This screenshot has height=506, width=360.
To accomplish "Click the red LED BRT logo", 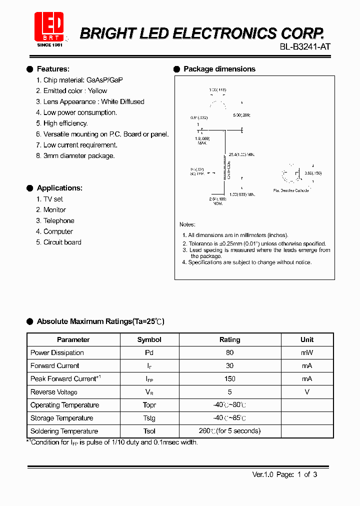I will pyautogui.click(x=48, y=28).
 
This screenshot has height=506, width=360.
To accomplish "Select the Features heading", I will pyautogui.click(x=53, y=69).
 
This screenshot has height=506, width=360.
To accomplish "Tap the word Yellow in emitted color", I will pyautogui.click(x=97, y=90).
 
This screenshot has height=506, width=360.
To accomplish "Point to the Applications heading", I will pyautogui.click(x=59, y=188).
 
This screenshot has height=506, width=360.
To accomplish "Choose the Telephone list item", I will pyautogui.click(x=58, y=220).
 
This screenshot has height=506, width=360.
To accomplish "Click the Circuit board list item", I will pyautogui.click(x=62, y=242).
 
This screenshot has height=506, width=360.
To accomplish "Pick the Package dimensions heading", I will pyautogui.click(x=219, y=69).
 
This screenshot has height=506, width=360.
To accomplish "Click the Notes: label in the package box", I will pyautogui.click(x=187, y=224).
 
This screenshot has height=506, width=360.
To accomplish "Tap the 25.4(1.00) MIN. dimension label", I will pyautogui.click(x=242, y=153).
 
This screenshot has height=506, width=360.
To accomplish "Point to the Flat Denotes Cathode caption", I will pyautogui.click(x=291, y=190).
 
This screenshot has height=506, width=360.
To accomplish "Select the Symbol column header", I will pyautogui.click(x=149, y=339).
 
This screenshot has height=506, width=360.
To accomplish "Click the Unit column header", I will pyautogui.click(x=307, y=339).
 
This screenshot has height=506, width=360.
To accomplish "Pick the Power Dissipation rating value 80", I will pyautogui.click(x=229, y=352).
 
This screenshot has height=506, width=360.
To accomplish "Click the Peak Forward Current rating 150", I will pyautogui.click(x=229, y=378).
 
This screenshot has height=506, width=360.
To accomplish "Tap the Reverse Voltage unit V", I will pyautogui.click(x=307, y=392).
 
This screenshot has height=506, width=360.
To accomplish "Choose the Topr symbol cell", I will pyautogui.click(x=149, y=405).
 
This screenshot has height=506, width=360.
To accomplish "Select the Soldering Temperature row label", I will pyautogui.click(x=64, y=431).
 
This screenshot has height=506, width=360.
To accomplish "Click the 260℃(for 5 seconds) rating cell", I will pyautogui.click(x=229, y=431).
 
